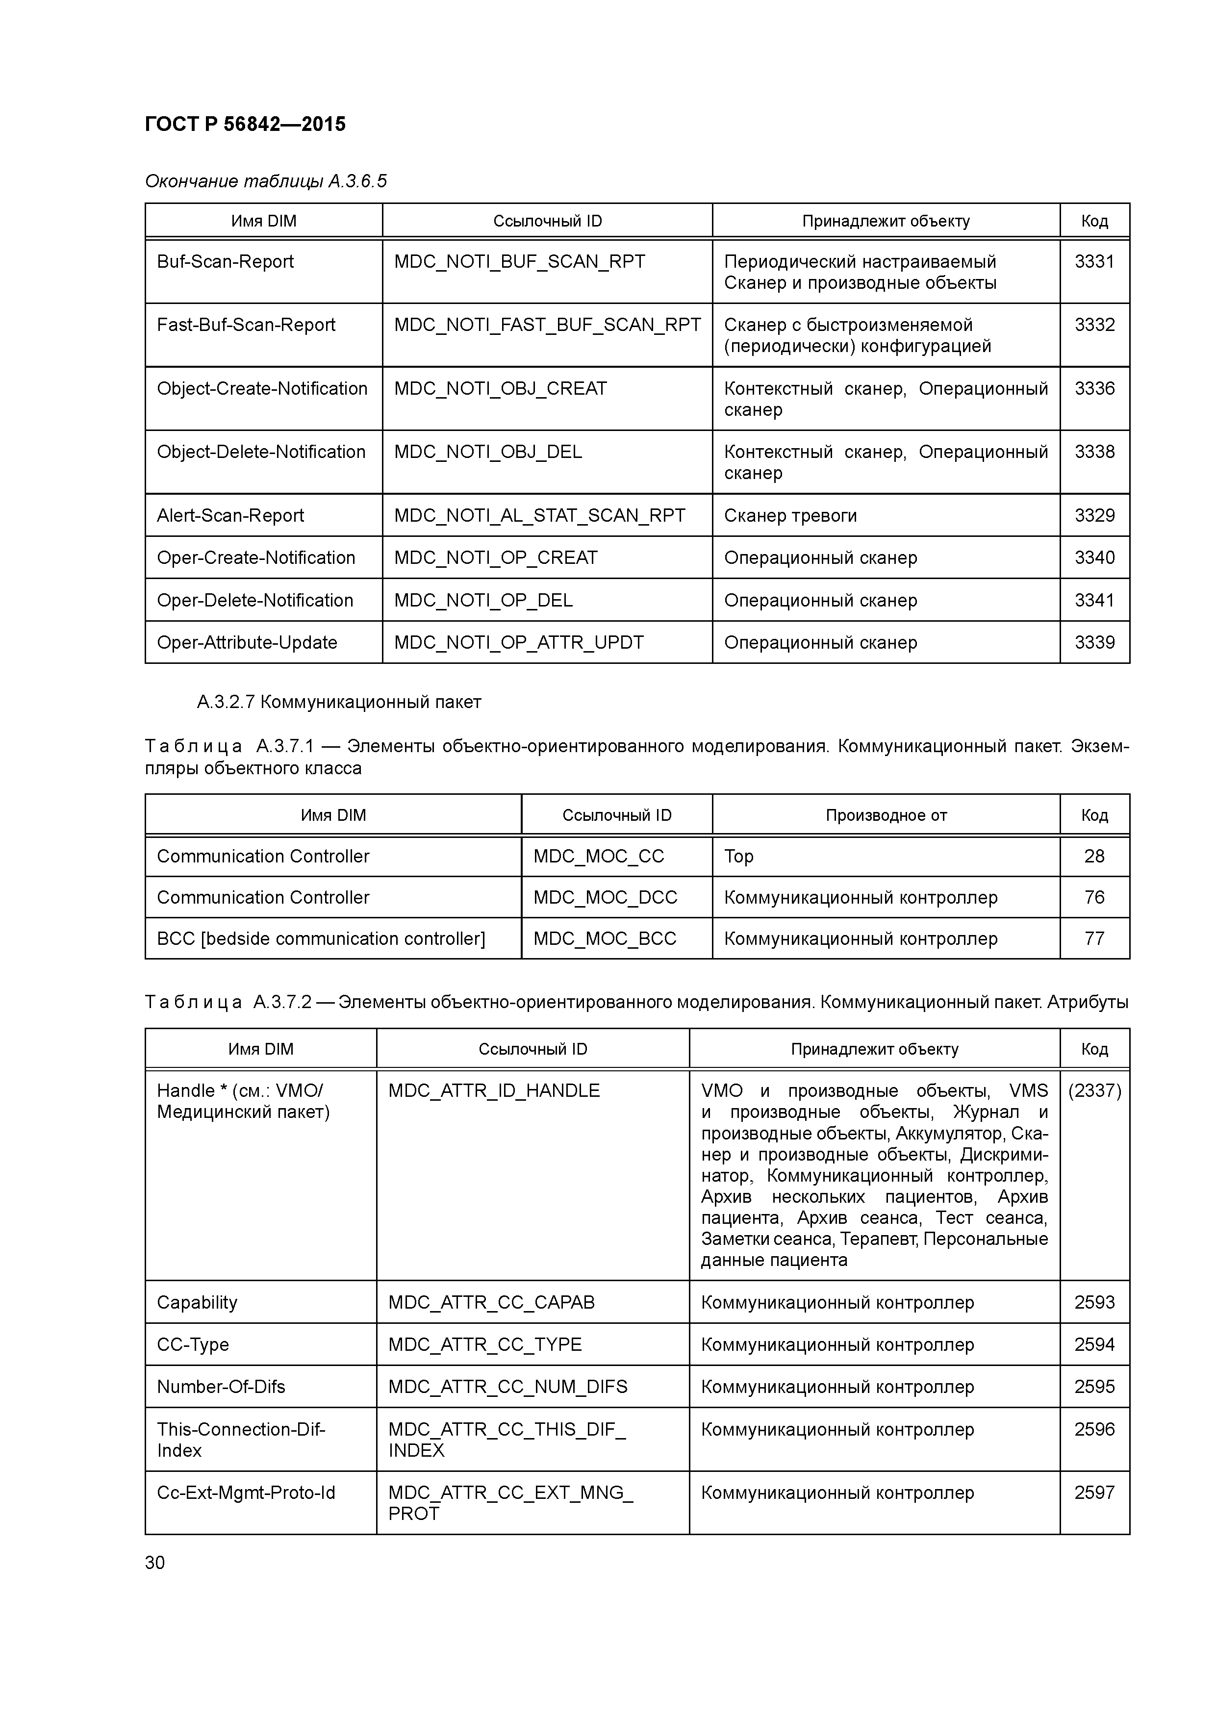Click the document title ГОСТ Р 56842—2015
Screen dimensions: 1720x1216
tap(245, 125)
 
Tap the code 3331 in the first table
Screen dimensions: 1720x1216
tap(1094, 261)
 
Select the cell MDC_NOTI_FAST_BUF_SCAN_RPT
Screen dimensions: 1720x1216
tap(547, 325)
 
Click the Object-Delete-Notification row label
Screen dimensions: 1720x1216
tap(261, 452)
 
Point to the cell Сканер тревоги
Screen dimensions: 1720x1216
tap(790, 515)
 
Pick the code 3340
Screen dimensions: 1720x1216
tap(1094, 557)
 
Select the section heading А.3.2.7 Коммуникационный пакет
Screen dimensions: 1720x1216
tap(339, 702)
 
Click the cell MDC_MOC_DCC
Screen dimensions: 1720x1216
tap(605, 897)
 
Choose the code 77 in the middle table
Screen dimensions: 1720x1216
tap(1094, 938)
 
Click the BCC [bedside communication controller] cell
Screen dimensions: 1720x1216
tap(321, 938)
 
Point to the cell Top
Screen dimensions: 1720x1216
tap(739, 856)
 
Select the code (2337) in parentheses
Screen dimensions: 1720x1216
tap(1094, 1091)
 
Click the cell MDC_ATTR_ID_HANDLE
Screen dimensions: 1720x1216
tap(494, 1091)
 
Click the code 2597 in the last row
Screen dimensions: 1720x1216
tap(1094, 1492)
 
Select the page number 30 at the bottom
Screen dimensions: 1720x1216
tap(154, 1563)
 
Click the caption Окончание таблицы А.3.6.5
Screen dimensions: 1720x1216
tap(265, 181)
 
